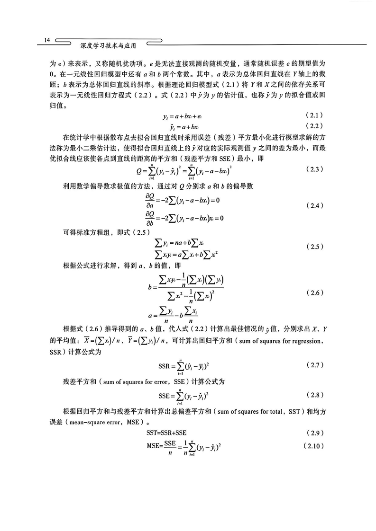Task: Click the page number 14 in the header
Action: [46, 41]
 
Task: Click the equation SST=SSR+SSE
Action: [166, 433]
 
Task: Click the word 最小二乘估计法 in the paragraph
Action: [86, 147]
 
